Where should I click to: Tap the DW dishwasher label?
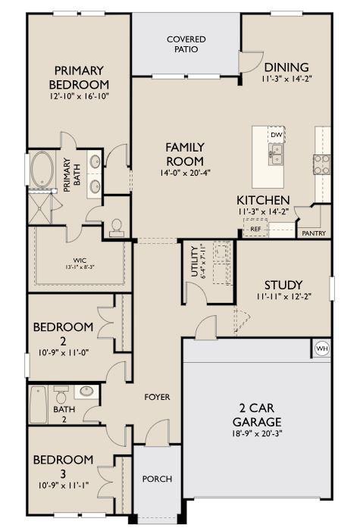277,135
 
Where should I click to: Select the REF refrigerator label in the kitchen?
255,229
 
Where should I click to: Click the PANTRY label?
313,233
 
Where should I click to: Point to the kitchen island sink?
277,155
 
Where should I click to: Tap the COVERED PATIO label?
186,44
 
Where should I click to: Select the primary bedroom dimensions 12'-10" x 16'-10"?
80,98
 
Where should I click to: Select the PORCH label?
157,479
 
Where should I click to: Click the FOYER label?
157,397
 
